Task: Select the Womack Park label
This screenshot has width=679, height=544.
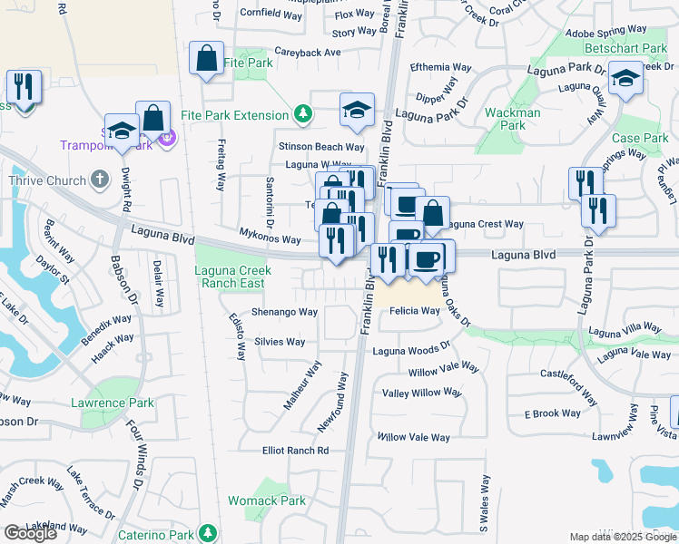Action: pos(279,500)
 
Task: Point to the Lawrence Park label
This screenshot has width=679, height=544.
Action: pos(113,403)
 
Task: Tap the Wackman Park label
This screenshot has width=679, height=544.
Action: pos(513,119)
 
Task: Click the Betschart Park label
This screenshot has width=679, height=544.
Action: pos(627,48)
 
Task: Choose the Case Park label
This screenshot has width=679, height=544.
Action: pos(640,138)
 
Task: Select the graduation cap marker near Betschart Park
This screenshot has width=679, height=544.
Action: pos(625,78)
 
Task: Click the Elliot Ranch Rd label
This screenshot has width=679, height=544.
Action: pos(295,451)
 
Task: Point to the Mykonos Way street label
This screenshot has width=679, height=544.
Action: pos(270,239)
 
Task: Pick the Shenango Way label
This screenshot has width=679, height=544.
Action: pos(284,312)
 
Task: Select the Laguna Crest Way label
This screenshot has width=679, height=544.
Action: pos(486,224)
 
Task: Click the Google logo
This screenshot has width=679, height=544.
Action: pos(30,533)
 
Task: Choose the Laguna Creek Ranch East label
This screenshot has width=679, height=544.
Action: pos(231,277)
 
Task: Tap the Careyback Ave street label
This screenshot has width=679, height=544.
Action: pos(307,53)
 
